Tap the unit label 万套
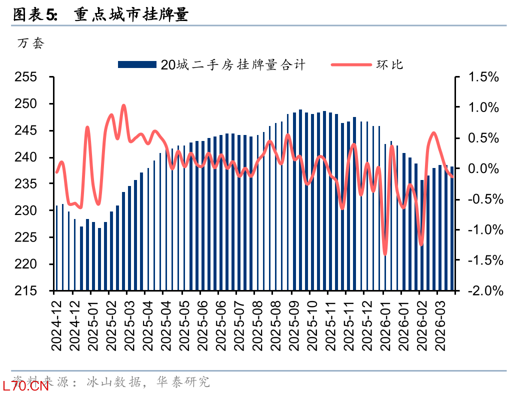pyautogui.click(x=30, y=43)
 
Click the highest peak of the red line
pyautogui.click(x=124, y=105)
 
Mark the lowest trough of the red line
pyautogui.click(x=385, y=254)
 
